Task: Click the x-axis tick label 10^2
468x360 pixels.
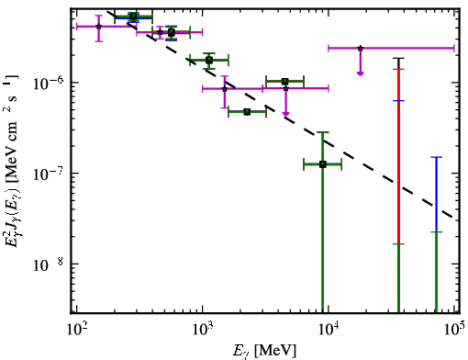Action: pos(76,329)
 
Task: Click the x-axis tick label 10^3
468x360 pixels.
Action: pos(202,329)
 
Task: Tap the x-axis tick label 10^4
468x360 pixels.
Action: pos(329,329)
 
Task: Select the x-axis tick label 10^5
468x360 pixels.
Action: pos(454,329)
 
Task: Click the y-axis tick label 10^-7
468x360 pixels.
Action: pos(48,173)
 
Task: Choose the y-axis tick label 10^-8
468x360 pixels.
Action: pos(48,264)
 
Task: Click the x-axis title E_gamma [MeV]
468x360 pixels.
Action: pos(264,351)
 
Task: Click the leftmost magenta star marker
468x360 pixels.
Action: pos(98,27)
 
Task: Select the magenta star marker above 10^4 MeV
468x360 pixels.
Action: pos(361,48)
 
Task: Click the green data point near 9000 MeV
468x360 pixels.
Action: pos(323,164)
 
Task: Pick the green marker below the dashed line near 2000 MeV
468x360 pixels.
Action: pos(247,112)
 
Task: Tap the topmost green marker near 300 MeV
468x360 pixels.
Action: pos(133,17)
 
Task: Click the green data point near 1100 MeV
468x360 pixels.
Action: pos(209,60)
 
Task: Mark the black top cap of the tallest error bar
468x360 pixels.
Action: pos(398,58)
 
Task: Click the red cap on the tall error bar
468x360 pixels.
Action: pos(398,69)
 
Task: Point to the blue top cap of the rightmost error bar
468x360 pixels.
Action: pos(437,157)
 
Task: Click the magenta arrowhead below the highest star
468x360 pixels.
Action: pos(361,73)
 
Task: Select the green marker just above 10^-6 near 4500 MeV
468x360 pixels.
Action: pos(285,82)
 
